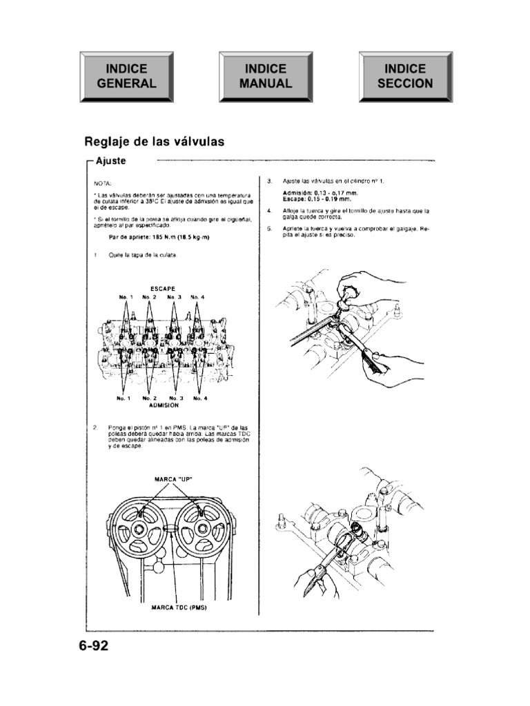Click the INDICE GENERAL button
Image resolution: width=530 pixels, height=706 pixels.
point(126,77)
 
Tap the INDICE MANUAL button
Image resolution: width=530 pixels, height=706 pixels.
point(266,77)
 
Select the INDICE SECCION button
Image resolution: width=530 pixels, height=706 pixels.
point(405,77)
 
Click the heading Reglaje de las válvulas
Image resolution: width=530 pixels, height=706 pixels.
point(154,142)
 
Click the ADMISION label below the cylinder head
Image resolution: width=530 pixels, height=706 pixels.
point(164,406)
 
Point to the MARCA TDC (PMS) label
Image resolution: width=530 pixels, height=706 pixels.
point(179,608)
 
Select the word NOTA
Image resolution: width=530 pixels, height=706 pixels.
point(101,183)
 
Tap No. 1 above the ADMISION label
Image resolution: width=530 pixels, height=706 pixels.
point(125,398)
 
